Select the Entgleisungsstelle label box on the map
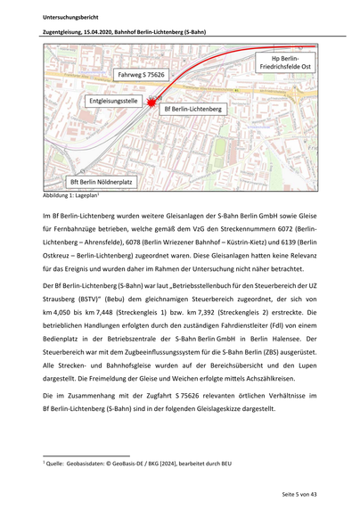pos(112,103)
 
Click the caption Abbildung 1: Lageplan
pos(71,194)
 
